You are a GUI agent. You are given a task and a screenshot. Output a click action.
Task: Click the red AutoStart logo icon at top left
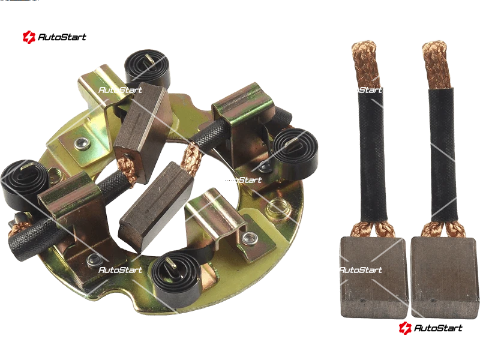29,37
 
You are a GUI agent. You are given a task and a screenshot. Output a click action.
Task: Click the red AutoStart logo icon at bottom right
405,328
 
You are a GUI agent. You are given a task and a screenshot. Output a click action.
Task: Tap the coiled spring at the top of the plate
147,67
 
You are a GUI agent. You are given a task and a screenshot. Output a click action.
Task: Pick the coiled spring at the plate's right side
295,154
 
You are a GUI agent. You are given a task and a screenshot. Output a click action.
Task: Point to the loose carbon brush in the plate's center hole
156,208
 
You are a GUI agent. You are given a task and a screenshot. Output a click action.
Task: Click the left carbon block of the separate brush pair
374,277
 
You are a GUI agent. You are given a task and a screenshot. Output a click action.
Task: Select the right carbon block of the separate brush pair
445,277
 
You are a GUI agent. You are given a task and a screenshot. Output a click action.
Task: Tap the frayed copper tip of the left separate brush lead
365,64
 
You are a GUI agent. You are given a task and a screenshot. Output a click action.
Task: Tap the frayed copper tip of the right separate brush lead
437,64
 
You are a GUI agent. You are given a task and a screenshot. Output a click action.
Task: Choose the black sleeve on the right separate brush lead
443,155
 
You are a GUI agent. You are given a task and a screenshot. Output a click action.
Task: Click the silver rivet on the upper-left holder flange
82,143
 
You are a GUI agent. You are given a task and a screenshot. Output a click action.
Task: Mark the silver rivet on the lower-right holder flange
250,237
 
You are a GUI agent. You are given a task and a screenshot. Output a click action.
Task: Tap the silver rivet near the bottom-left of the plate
93,260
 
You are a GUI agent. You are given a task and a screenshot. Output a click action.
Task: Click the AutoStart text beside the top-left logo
62,37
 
